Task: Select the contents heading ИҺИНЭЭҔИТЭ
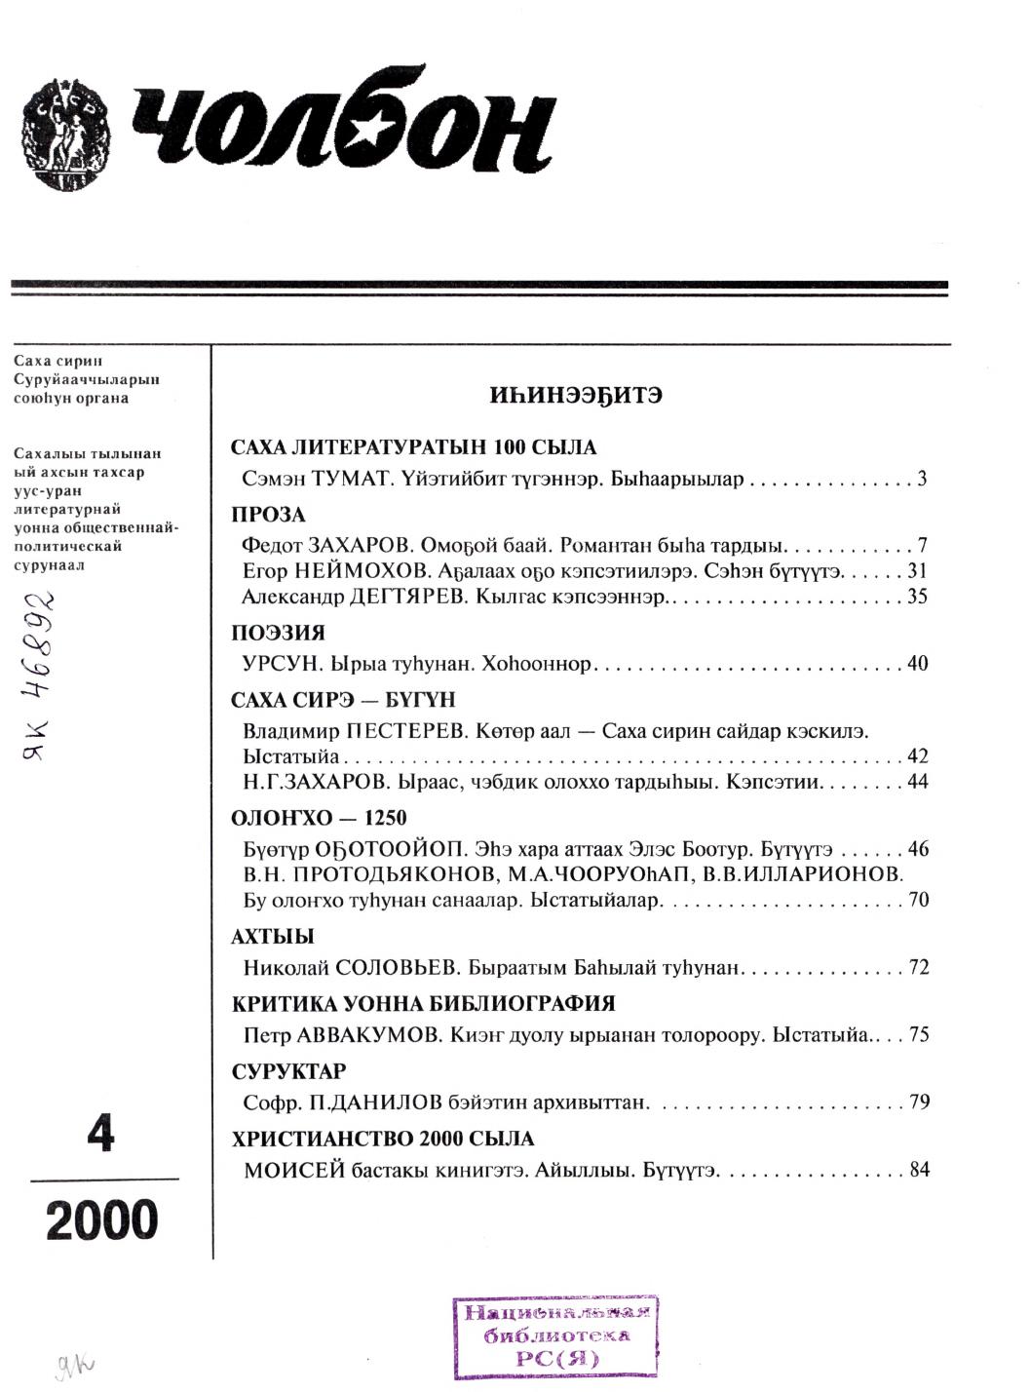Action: [x=576, y=397]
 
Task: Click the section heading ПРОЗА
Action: [x=268, y=515]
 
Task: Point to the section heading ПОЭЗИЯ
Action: [x=278, y=633]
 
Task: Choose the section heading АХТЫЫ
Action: [x=272, y=937]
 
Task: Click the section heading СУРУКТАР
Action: [x=288, y=1071]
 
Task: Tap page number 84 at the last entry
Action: [x=919, y=1170]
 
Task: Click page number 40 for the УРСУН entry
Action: [x=917, y=664]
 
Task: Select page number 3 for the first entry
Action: [x=922, y=480]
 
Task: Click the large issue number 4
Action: [x=100, y=1134]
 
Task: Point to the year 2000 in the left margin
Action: [x=101, y=1220]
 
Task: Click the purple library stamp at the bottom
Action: [x=556, y=1335]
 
